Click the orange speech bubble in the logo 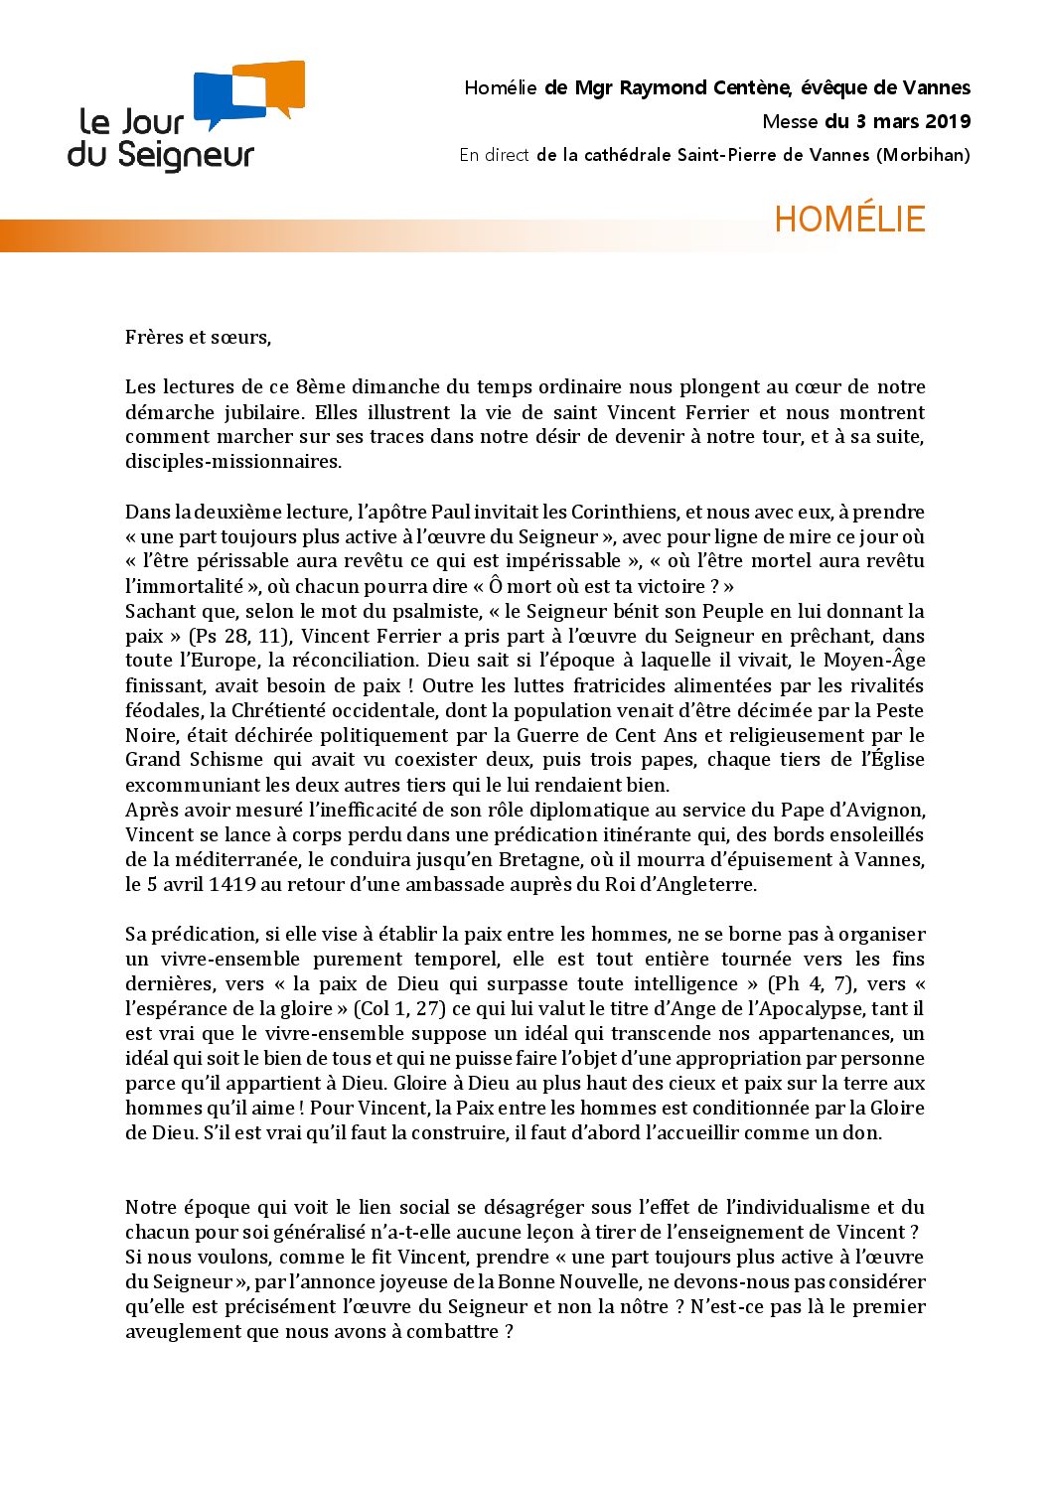coord(278,87)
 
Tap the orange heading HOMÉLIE coord(849,220)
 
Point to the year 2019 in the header coord(948,122)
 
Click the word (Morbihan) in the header coord(923,155)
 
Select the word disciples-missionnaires coord(233,461)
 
